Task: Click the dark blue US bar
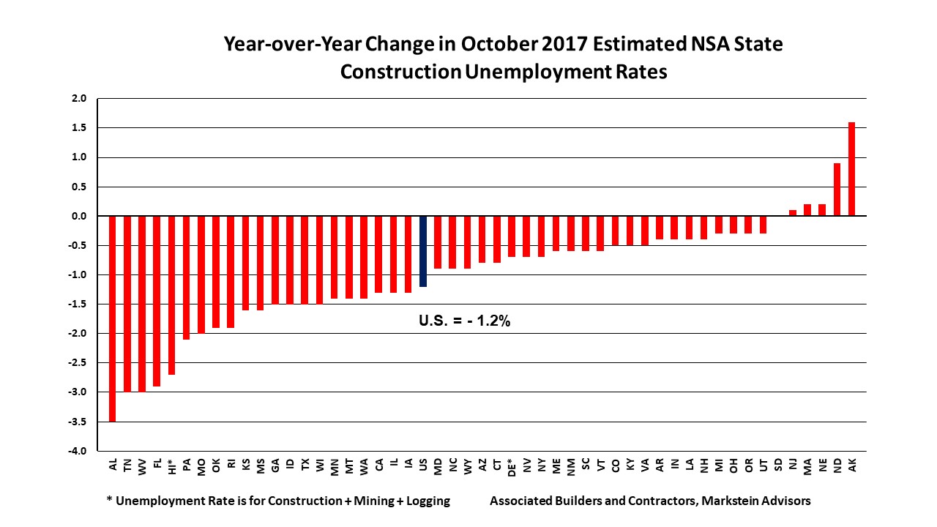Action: (422, 251)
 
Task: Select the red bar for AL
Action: (113, 318)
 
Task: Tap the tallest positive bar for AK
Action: (851, 169)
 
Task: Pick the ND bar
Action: (837, 190)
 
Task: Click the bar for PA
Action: (187, 277)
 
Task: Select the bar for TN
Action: (127, 304)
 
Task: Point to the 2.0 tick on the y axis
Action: (79, 99)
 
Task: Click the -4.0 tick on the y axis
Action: (78, 451)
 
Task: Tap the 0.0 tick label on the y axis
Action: (79, 216)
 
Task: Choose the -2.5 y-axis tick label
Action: (78, 363)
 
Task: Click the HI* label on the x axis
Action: (172, 466)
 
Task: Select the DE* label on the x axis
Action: (512, 466)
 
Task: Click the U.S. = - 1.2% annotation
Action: (464, 321)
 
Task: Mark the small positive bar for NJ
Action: (792, 213)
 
